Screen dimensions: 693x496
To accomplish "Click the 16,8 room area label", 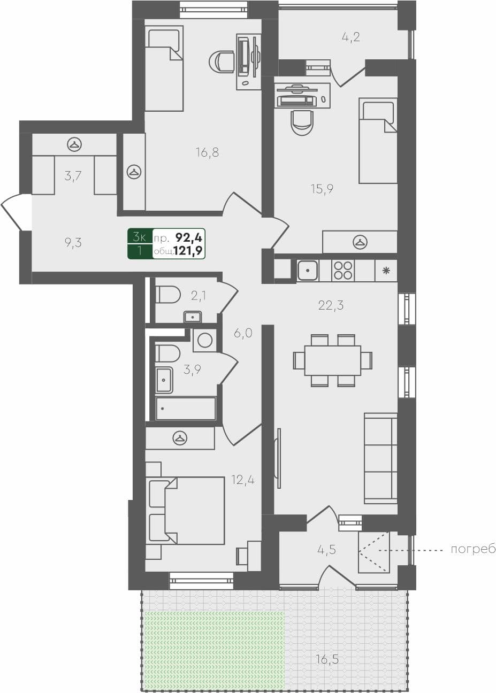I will pos(207,153).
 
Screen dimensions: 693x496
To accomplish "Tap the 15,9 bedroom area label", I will pos(322,189).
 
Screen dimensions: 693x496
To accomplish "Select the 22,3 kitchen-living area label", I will pos(331,305).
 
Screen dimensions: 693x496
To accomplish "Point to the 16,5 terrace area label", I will pos(327,659).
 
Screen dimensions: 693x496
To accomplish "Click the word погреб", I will pos(473,550).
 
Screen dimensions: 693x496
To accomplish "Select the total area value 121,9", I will pos(192,251).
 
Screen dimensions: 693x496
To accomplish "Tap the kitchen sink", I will pos(308,271).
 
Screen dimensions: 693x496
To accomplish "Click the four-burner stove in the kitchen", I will pos(342,271).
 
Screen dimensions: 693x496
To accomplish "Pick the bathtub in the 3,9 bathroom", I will pos(185,409).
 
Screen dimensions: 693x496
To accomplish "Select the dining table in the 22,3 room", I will pos(332,360).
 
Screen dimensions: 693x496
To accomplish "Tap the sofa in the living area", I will pos(380,458).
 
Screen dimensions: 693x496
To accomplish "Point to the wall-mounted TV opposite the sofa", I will pos(277,458).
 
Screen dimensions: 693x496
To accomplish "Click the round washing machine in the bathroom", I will pos(204,340).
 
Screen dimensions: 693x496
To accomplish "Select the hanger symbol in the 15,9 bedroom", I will pos(360,242).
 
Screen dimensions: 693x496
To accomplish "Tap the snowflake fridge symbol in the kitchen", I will pos(386,271).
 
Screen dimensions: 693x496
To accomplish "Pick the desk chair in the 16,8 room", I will pos(221,61).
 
